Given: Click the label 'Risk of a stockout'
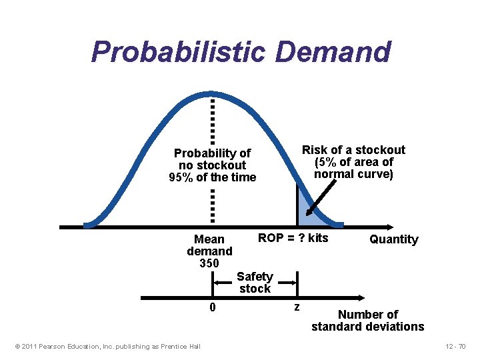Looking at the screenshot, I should (x=353, y=150).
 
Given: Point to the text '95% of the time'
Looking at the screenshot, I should (x=213, y=177).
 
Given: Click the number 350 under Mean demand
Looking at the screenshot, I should (x=209, y=263).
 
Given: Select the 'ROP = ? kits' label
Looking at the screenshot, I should (x=293, y=238).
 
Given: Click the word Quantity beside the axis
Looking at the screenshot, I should (x=393, y=239).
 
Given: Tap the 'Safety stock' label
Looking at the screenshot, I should (x=255, y=282).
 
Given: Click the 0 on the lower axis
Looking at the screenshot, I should (x=212, y=307).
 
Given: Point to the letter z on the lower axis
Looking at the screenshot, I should (x=297, y=307).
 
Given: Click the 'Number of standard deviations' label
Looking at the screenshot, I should (x=367, y=320).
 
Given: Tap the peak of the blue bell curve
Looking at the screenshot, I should (x=212, y=94).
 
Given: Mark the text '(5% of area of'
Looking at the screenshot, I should (x=353, y=162).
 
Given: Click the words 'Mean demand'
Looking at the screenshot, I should (x=209, y=245).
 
